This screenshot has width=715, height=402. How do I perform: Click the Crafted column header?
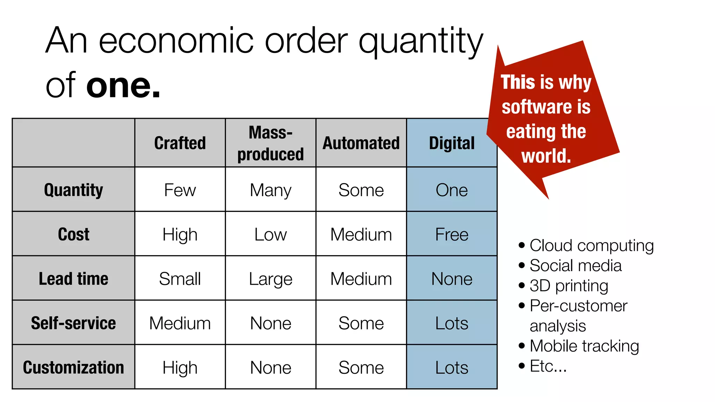point(180,143)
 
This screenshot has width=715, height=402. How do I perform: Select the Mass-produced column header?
point(271,143)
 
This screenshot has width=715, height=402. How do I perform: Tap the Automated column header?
point(361,143)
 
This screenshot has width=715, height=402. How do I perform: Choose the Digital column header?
point(452,143)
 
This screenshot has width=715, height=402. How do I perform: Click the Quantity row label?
point(73,190)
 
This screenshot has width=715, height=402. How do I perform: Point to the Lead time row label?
point(73,278)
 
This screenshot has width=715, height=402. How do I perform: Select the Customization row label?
point(73,367)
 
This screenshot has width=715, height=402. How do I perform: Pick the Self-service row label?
point(73,323)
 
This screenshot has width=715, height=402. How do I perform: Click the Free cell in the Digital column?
point(452,234)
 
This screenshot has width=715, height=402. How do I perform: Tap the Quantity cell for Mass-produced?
point(271,190)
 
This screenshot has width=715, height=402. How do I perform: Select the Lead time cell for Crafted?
point(180,278)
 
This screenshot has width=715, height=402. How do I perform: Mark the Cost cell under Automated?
point(361,234)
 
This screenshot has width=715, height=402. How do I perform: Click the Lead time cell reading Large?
point(271,279)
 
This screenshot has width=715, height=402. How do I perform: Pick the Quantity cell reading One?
point(452,190)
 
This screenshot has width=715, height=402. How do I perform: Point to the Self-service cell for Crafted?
point(180,323)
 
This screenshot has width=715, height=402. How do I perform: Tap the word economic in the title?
point(176,41)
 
